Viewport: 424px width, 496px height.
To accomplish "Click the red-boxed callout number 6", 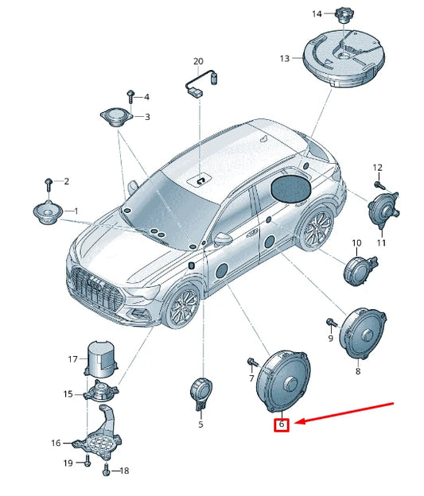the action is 282,424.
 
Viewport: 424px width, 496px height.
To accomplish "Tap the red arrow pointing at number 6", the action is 344,413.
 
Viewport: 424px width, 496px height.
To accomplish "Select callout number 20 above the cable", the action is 198,61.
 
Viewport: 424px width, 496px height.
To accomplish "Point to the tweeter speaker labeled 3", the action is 116,118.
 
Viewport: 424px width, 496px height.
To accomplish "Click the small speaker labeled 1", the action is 47,213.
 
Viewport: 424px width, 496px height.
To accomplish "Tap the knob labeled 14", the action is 343,15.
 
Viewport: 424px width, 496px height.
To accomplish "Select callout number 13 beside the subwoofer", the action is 284,58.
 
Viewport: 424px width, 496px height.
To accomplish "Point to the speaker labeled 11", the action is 383,207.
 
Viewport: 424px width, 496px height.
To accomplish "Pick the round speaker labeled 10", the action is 360,269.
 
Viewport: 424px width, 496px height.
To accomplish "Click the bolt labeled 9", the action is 330,324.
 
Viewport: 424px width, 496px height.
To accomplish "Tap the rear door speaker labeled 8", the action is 363,333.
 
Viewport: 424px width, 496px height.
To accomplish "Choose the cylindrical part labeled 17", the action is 100,359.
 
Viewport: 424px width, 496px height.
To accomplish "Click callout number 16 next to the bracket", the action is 56,443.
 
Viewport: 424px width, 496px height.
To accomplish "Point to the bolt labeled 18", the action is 107,470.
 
